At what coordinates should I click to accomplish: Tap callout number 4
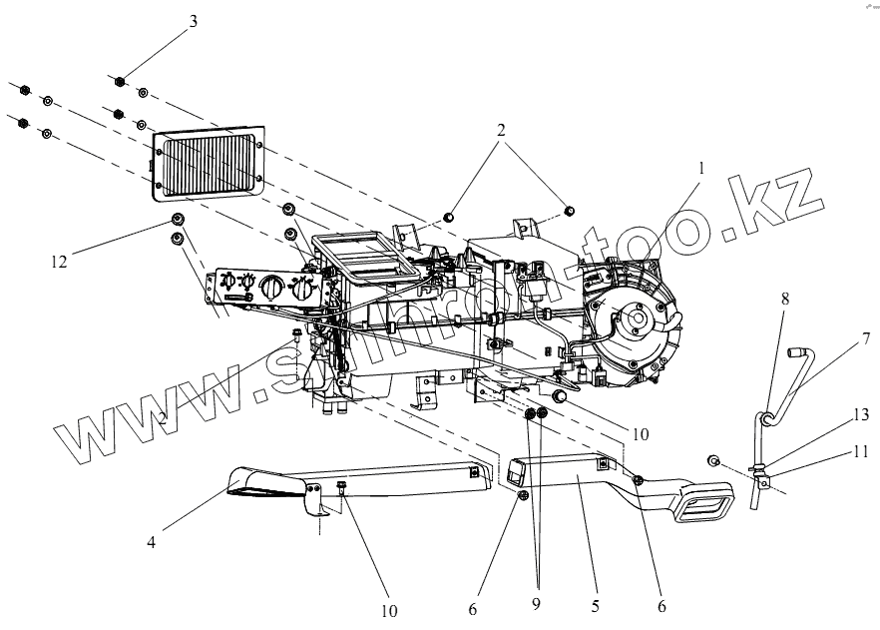[151, 544]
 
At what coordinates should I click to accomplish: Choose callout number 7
[865, 339]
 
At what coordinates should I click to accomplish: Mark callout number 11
[860, 451]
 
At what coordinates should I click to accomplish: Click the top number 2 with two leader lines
[501, 129]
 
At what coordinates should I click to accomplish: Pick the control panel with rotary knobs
[263, 290]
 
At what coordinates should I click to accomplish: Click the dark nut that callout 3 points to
[120, 83]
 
